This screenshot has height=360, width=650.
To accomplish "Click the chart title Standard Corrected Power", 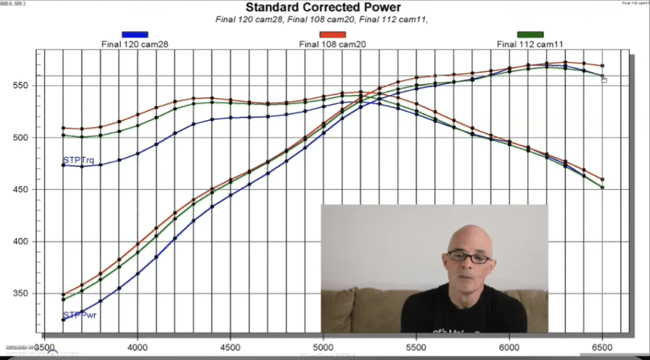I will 323,8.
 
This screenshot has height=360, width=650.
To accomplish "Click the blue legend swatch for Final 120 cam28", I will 135,34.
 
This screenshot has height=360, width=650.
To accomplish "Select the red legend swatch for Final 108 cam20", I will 333,34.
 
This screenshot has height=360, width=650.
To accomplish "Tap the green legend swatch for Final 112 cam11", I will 530,34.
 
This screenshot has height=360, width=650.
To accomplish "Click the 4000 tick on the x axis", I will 138,348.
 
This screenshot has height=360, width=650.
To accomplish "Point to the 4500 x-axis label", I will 230,348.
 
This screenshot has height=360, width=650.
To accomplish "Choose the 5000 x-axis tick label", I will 324,348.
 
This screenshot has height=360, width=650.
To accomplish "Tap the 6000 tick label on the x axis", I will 509,348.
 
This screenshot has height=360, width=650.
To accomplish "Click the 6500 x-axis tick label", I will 602,348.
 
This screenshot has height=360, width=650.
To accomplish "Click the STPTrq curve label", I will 78,161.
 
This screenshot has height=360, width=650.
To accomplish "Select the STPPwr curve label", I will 79,315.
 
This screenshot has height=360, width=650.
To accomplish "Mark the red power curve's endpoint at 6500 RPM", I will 602,65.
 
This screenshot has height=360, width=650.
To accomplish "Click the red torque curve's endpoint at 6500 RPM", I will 602,179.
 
